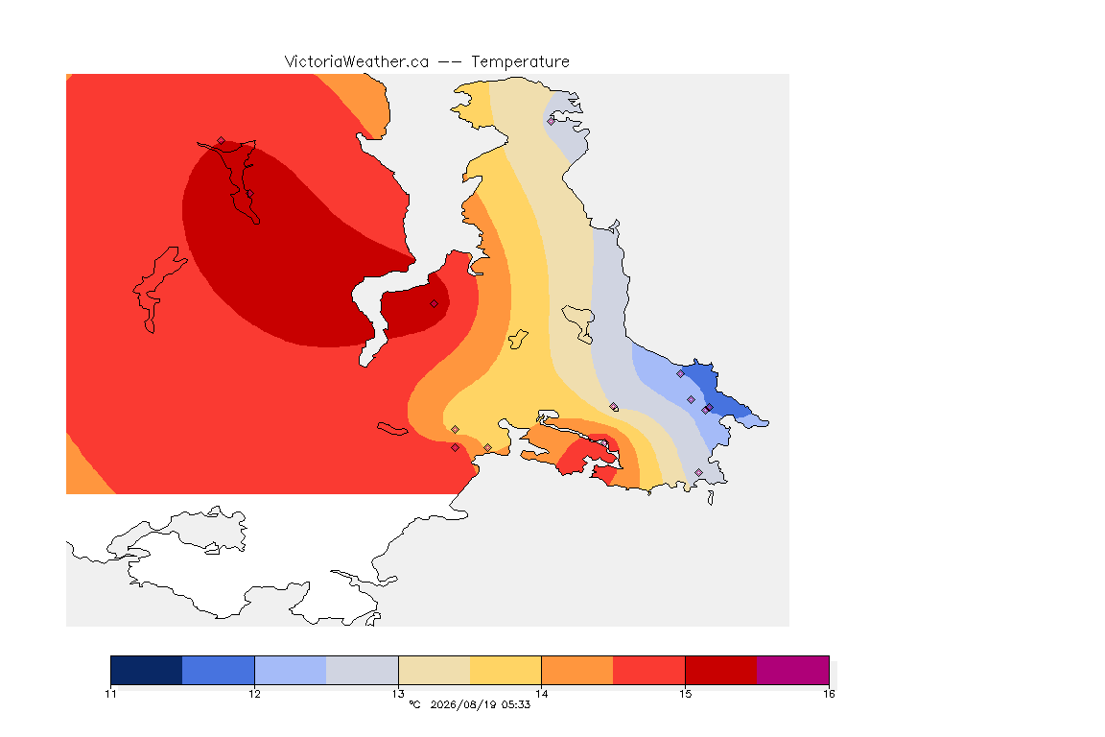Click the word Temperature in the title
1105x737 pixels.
pyautogui.click(x=520, y=62)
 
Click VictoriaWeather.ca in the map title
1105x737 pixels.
pyautogui.click(x=357, y=62)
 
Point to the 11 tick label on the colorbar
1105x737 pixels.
pyautogui.click(x=110, y=694)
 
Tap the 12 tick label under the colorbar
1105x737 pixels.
pyautogui.click(x=254, y=694)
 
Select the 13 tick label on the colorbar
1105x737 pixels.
pyautogui.click(x=398, y=694)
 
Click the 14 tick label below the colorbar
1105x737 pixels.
pyautogui.click(x=541, y=694)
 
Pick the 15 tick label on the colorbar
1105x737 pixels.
pyautogui.click(x=685, y=694)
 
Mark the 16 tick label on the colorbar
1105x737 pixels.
pyautogui.click(x=829, y=694)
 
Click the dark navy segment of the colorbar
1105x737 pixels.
pyautogui.click(x=147, y=670)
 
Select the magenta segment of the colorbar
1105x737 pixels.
pyautogui.click(x=793, y=670)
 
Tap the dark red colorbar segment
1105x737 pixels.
pyautogui.click(x=721, y=670)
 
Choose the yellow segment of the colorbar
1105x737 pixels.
pyautogui.click(x=505, y=670)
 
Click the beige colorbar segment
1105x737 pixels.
pyautogui.click(x=435, y=670)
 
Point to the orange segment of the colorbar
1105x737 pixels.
pyautogui.click(x=577, y=670)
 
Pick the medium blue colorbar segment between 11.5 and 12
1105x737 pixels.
pyautogui.click(x=219, y=670)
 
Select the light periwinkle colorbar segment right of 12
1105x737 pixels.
pyautogui.click(x=291, y=670)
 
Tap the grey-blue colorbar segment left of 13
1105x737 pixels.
pyautogui.click(x=363, y=670)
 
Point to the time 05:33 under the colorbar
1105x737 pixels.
pyautogui.click(x=516, y=704)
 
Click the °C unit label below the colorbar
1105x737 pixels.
pyautogui.click(x=415, y=704)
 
